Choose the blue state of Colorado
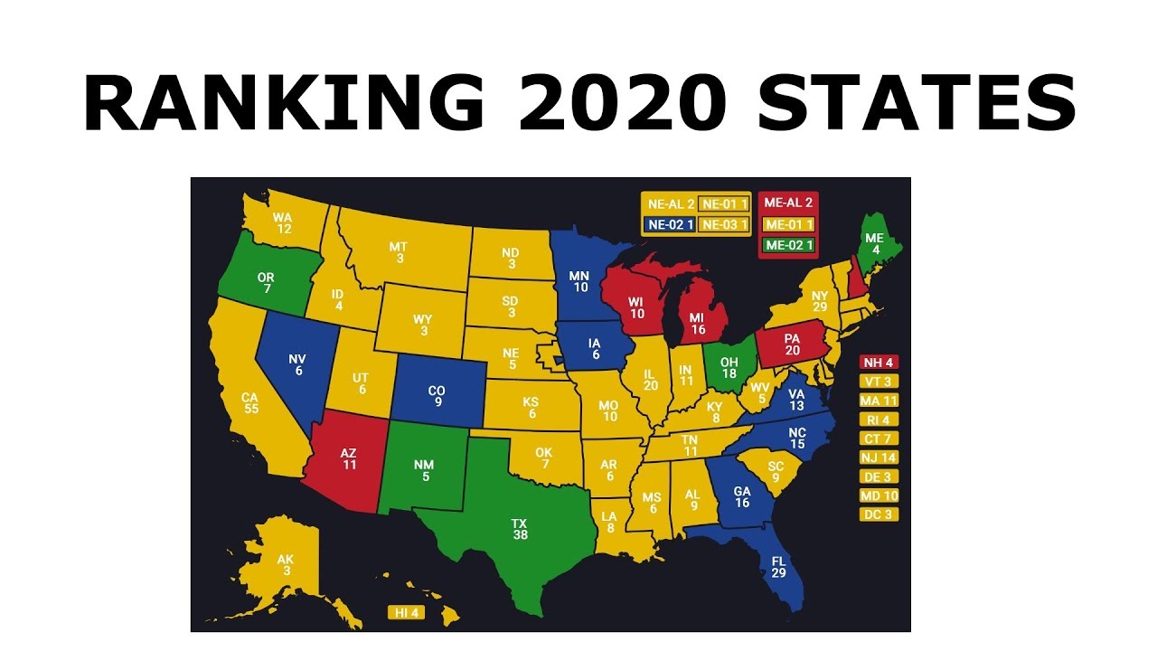pyautogui.click(x=437, y=394)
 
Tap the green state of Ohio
pyautogui.click(x=729, y=367)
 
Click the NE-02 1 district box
pyautogui.click(x=669, y=224)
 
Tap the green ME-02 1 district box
pyautogui.click(x=789, y=244)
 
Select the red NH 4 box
pyautogui.click(x=879, y=362)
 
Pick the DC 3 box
pyautogui.click(x=879, y=514)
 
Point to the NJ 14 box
pyautogui.click(x=879, y=458)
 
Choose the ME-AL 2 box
pyautogui.click(x=789, y=203)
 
